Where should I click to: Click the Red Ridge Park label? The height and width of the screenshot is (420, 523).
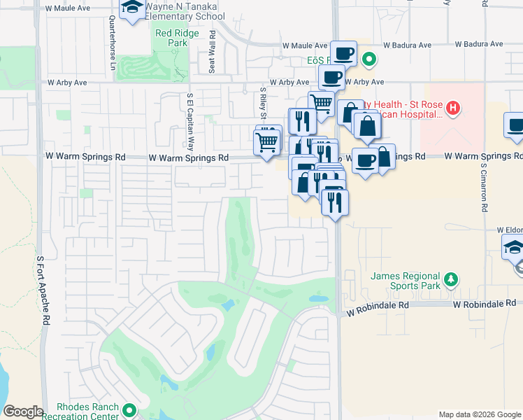point(171,37)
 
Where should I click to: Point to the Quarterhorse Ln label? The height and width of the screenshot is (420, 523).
point(112,39)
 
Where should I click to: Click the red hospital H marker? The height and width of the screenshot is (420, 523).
point(453,108)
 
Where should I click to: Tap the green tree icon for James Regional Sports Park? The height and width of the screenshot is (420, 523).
point(452,280)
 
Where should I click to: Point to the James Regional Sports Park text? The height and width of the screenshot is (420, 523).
point(406,281)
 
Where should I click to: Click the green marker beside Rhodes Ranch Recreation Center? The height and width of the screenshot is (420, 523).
point(128,410)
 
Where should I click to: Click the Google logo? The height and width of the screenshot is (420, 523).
point(24,412)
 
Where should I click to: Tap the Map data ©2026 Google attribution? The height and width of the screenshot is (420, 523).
point(479,414)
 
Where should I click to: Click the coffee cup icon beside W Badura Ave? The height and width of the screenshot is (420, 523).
point(343,52)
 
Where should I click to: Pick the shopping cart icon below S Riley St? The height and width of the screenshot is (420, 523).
point(267,141)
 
